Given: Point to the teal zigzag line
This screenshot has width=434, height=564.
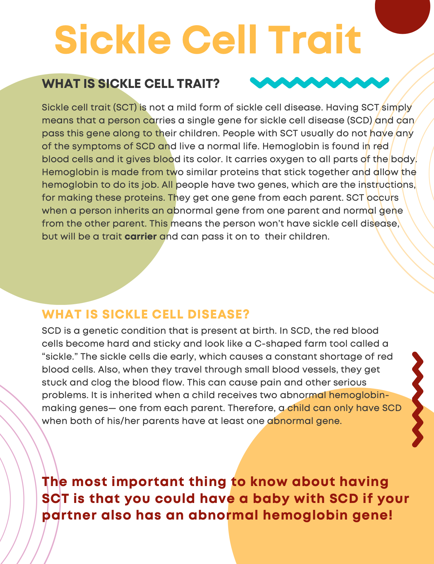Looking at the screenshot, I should tap(319, 83).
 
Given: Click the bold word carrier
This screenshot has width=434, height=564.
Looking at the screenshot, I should tap(141, 237).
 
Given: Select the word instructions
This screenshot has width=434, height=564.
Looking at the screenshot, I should tap(387, 185).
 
